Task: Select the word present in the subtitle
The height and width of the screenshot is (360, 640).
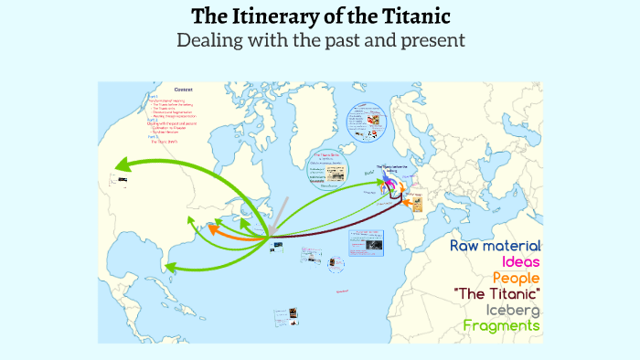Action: click(427, 40)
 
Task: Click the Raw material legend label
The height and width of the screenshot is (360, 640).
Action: click(496, 247)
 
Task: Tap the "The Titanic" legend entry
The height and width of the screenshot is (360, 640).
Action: click(496, 293)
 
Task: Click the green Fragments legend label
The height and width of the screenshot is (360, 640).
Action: click(501, 325)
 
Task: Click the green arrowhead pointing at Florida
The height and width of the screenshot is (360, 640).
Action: click(171, 267)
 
